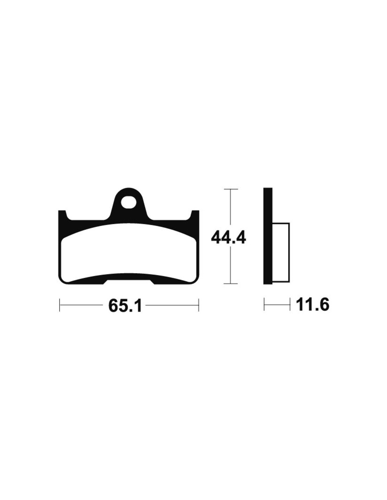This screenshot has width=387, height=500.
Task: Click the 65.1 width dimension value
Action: (x=124, y=305)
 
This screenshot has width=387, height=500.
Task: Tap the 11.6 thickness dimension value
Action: (x=313, y=305)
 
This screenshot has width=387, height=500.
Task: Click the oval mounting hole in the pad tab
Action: (x=128, y=201)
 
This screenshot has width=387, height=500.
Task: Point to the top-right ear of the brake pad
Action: (x=195, y=214)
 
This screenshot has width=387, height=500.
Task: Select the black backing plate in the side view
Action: (x=268, y=236)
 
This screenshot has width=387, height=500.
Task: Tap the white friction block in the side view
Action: (x=281, y=252)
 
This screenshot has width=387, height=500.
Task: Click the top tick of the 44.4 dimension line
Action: (x=230, y=189)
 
